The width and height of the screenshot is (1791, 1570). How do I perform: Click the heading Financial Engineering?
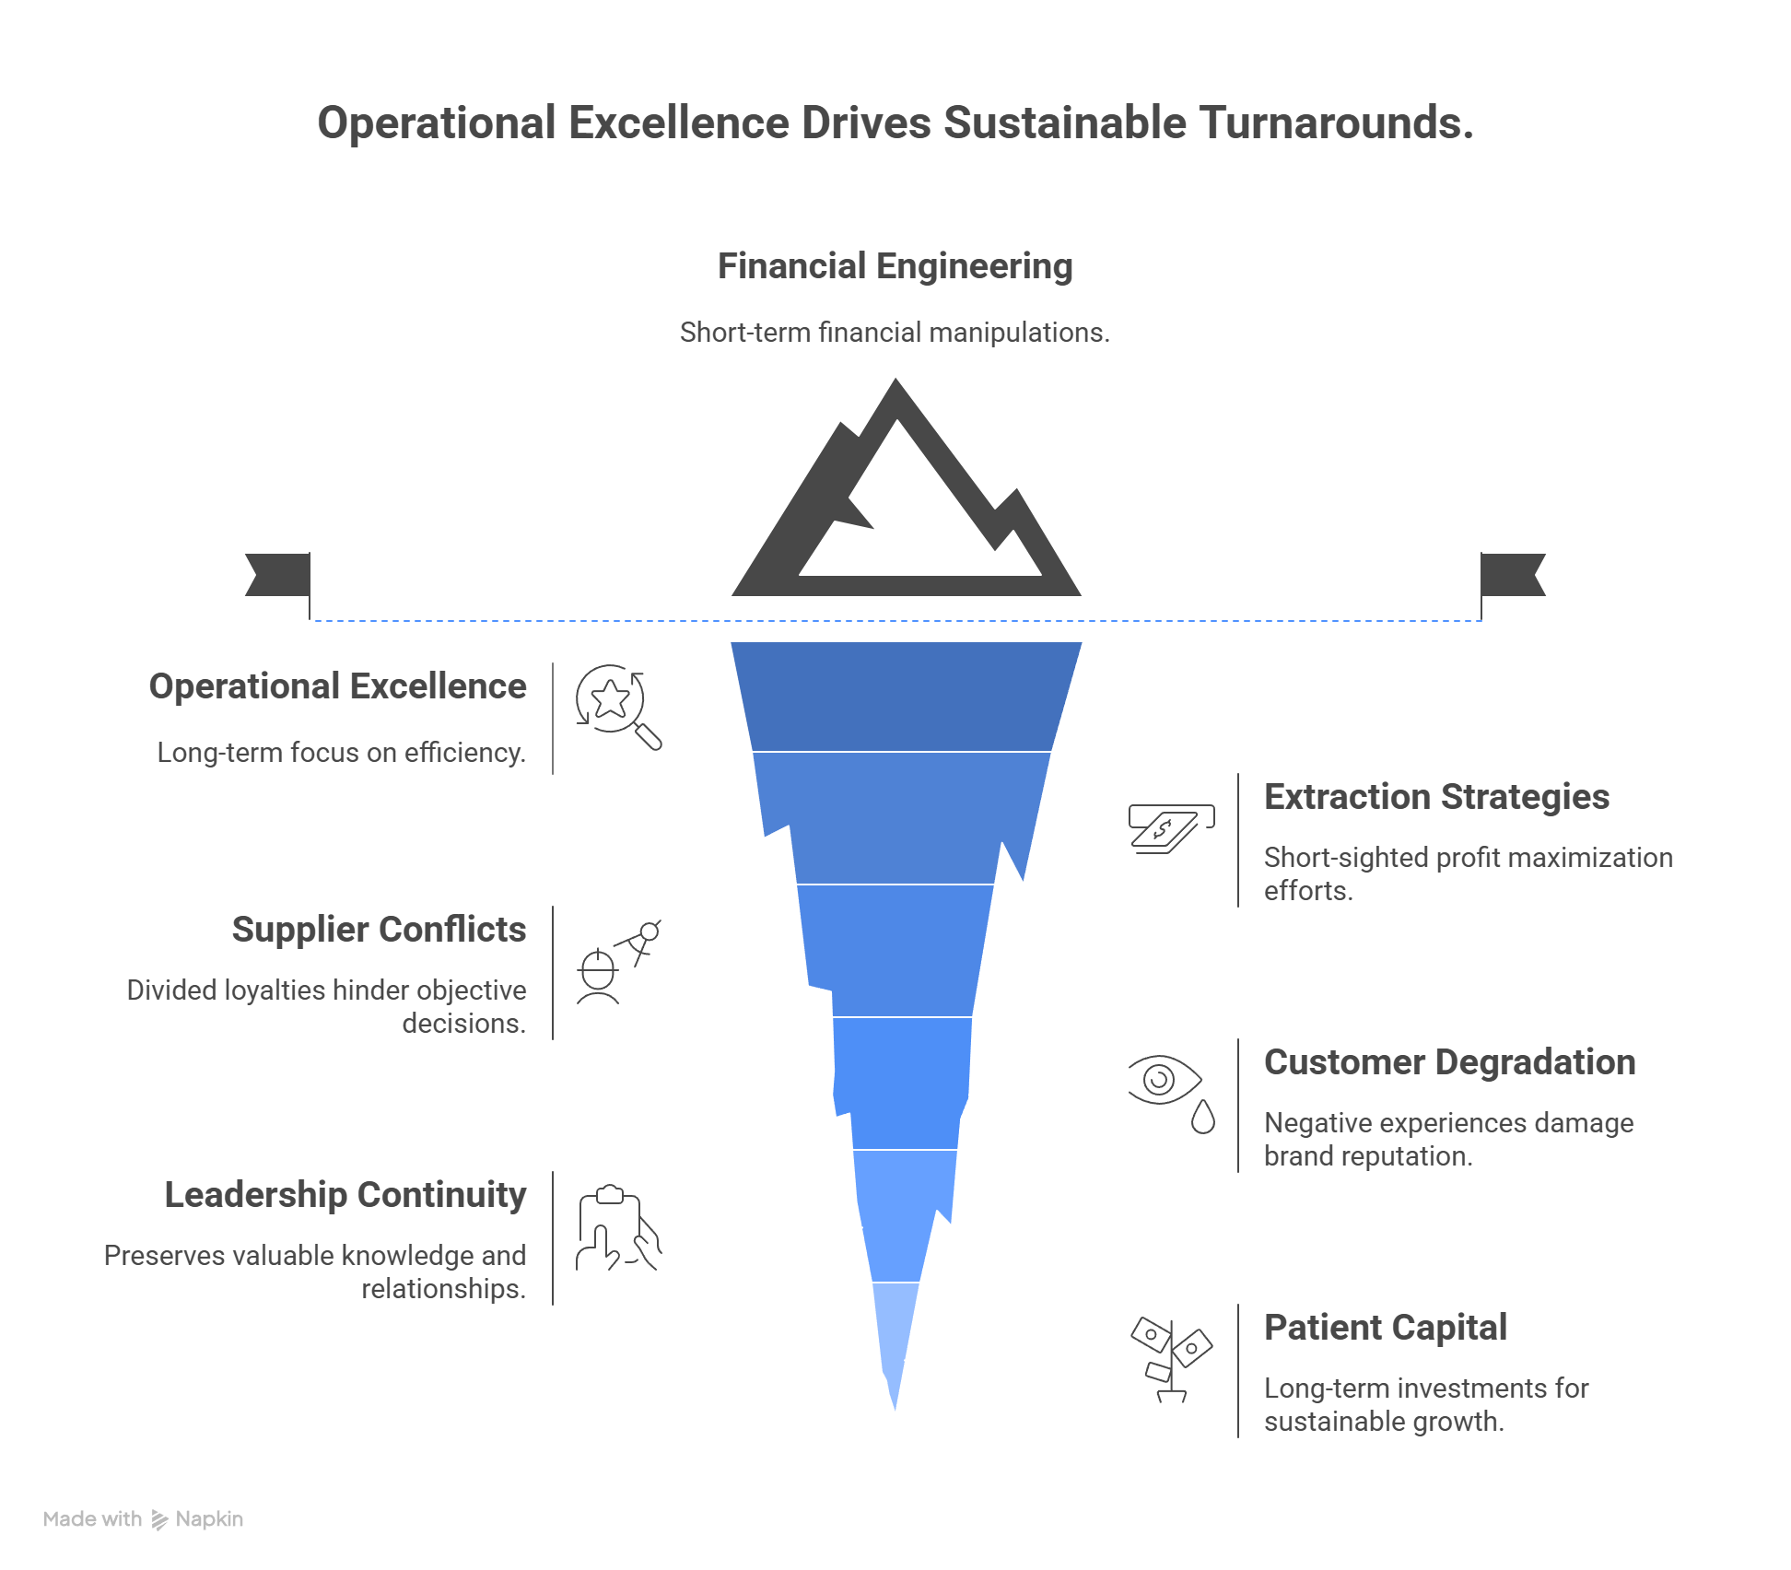coord(895,266)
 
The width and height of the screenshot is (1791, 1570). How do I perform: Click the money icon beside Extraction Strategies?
coord(1170,828)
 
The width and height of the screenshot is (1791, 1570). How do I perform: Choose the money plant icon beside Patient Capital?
coord(1171,1359)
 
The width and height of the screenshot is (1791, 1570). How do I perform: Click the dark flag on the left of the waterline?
coord(278,575)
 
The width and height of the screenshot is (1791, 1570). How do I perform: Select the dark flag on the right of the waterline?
coord(1512,575)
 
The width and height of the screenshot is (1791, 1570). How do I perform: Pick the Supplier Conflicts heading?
coord(379,930)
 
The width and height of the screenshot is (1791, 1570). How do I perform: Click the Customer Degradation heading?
coord(1449,1062)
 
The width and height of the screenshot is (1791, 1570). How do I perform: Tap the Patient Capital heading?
coord(1385,1328)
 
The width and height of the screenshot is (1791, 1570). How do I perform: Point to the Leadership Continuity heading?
coord(345,1195)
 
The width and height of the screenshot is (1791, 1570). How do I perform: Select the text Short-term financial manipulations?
coord(895,333)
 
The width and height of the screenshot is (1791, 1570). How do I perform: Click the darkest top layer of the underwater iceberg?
coord(905,697)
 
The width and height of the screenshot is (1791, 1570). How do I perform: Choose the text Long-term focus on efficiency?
coord(341,753)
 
